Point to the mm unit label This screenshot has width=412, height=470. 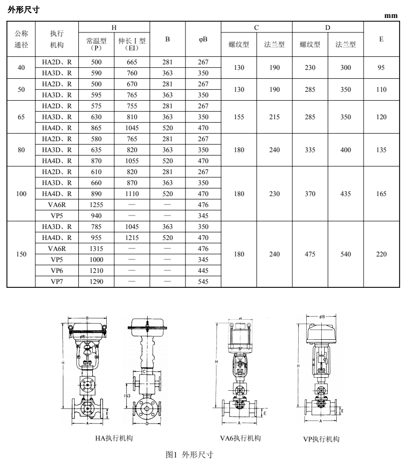pos(391,16)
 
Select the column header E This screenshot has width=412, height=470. pos(381,39)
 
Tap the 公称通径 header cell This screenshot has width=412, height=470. pos(21,39)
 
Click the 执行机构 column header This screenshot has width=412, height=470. pos(57,39)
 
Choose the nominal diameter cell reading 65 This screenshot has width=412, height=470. pos(21,117)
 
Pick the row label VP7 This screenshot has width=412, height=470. pos(57,282)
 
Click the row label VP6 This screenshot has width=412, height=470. pos(57,271)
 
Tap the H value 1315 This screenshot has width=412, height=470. pos(96,248)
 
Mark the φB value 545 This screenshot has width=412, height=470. pos(203,282)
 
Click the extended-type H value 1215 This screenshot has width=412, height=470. pos(132,237)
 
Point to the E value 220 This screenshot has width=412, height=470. pos(381,254)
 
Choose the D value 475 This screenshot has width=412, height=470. pos(310,254)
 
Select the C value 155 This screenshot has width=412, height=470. pos(239,117)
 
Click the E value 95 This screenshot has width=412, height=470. pos(381,68)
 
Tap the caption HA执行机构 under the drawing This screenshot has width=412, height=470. pos(114,439)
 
